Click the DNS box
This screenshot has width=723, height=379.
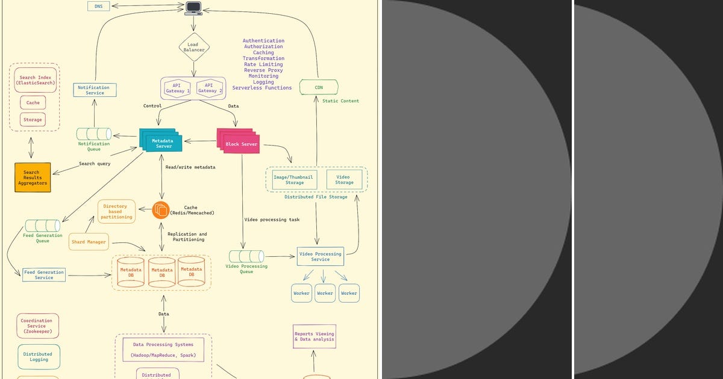[x=98, y=6]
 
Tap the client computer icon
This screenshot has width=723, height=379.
[x=193, y=8]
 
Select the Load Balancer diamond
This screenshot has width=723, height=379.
[x=194, y=47]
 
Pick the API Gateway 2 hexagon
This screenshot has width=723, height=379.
[x=208, y=88]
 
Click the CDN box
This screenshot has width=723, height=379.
[x=319, y=87]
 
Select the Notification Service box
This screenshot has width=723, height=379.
[x=95, y=90]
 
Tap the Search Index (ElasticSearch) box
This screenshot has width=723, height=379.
[x=36, y=80]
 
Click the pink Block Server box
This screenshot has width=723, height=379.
[x=241, y=144]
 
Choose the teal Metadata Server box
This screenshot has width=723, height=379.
[x=161, y=143]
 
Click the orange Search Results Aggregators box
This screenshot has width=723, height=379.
[x=33, y=177]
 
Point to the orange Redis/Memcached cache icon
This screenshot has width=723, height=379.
[x=161, y=210]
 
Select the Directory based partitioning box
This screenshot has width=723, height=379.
[x=117, y=211]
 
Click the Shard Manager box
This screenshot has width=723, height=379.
[x=89, y=242]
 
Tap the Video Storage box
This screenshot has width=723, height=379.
[x=344, y=179]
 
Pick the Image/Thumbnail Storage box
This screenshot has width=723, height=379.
[x=295, y=179]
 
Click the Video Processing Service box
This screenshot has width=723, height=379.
[x=320, y=256]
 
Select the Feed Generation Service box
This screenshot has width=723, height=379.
[x=44, y=275]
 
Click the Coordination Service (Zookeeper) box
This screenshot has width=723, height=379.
[x=39, y=325]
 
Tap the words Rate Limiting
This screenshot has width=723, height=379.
[x=263, y=64]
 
